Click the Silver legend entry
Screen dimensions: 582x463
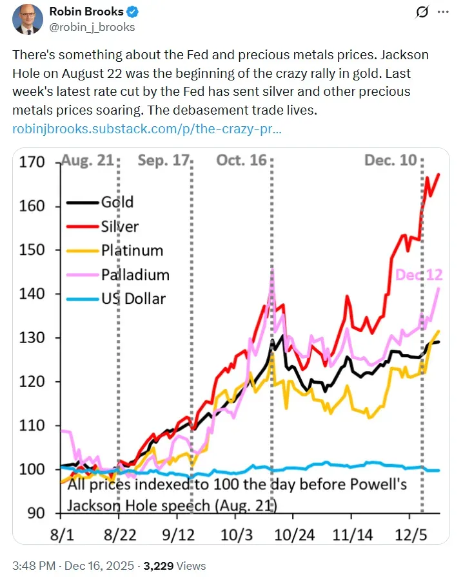pyautogui.click(x=119, y=226)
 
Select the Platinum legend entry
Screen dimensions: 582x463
pyautogui.click(x=132, y=250)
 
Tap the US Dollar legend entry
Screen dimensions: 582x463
pyautogui.click(x=133, y=299)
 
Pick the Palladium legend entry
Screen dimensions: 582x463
pyautogui.click(x=135, y=275)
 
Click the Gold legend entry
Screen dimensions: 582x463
pyautogui.click(x=117, y=202)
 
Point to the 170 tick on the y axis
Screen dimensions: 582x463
pyautogui.click(x=33, y=162)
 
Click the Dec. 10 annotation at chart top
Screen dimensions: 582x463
pyautogui.click(x=391, y=160)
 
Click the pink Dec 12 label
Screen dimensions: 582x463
pyautogui.click(x=419, y=275)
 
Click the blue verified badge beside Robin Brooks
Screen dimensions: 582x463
pyautogui.click(x=132, y=12)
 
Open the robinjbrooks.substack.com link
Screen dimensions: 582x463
pyautogui.click(x=147, y=129)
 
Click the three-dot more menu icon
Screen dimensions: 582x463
pyautogui.click(x=442, y=12)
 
